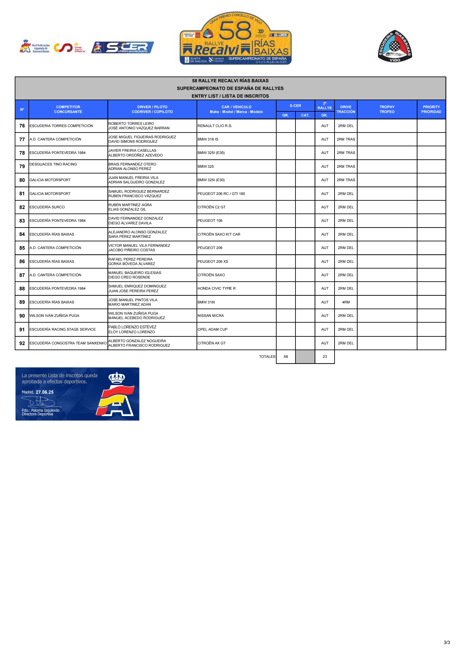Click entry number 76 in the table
[22, 126]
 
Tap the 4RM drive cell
[346, 302]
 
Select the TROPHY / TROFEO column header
[387, 109]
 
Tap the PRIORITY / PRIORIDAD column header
[431, 109]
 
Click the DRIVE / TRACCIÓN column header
[346, 109]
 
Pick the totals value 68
[286, 357]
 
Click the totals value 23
[325, 357]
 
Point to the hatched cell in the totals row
[305, 357]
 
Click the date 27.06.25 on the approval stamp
[44, 392]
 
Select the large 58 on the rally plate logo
[235, 31]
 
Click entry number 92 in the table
[22, 343]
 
